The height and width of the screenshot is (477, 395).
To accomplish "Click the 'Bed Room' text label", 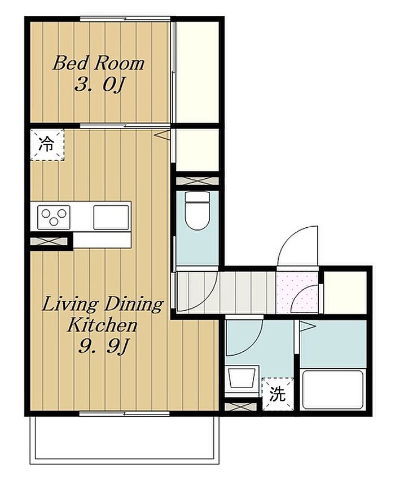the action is [98, 63].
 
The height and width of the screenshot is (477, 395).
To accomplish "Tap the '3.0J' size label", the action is [99, 85].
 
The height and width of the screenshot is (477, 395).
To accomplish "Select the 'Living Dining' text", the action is [102, 305].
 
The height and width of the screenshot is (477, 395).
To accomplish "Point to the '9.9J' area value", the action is [102, 346].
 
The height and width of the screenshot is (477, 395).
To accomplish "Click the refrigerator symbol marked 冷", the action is [47, 144].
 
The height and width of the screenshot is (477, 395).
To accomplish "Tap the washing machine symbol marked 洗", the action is [278, 395].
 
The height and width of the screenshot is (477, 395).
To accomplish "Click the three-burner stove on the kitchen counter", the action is [54, 217].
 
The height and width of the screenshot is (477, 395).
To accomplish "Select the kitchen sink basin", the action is [111, 217].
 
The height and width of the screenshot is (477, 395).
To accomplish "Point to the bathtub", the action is [333, 390].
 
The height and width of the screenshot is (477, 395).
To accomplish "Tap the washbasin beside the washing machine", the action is [242, 378].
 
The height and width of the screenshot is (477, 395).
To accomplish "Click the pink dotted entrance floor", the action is [297, 292].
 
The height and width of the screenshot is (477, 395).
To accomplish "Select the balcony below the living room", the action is [124, 439].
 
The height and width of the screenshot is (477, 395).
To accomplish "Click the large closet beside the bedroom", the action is [197, 72].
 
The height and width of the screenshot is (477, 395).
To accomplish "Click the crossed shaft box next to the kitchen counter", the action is [49, 241].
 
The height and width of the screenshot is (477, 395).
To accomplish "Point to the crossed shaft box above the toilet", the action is [197, 181].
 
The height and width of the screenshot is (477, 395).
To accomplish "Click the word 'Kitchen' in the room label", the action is [102, 325].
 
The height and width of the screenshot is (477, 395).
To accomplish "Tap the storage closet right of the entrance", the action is [345, 292].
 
